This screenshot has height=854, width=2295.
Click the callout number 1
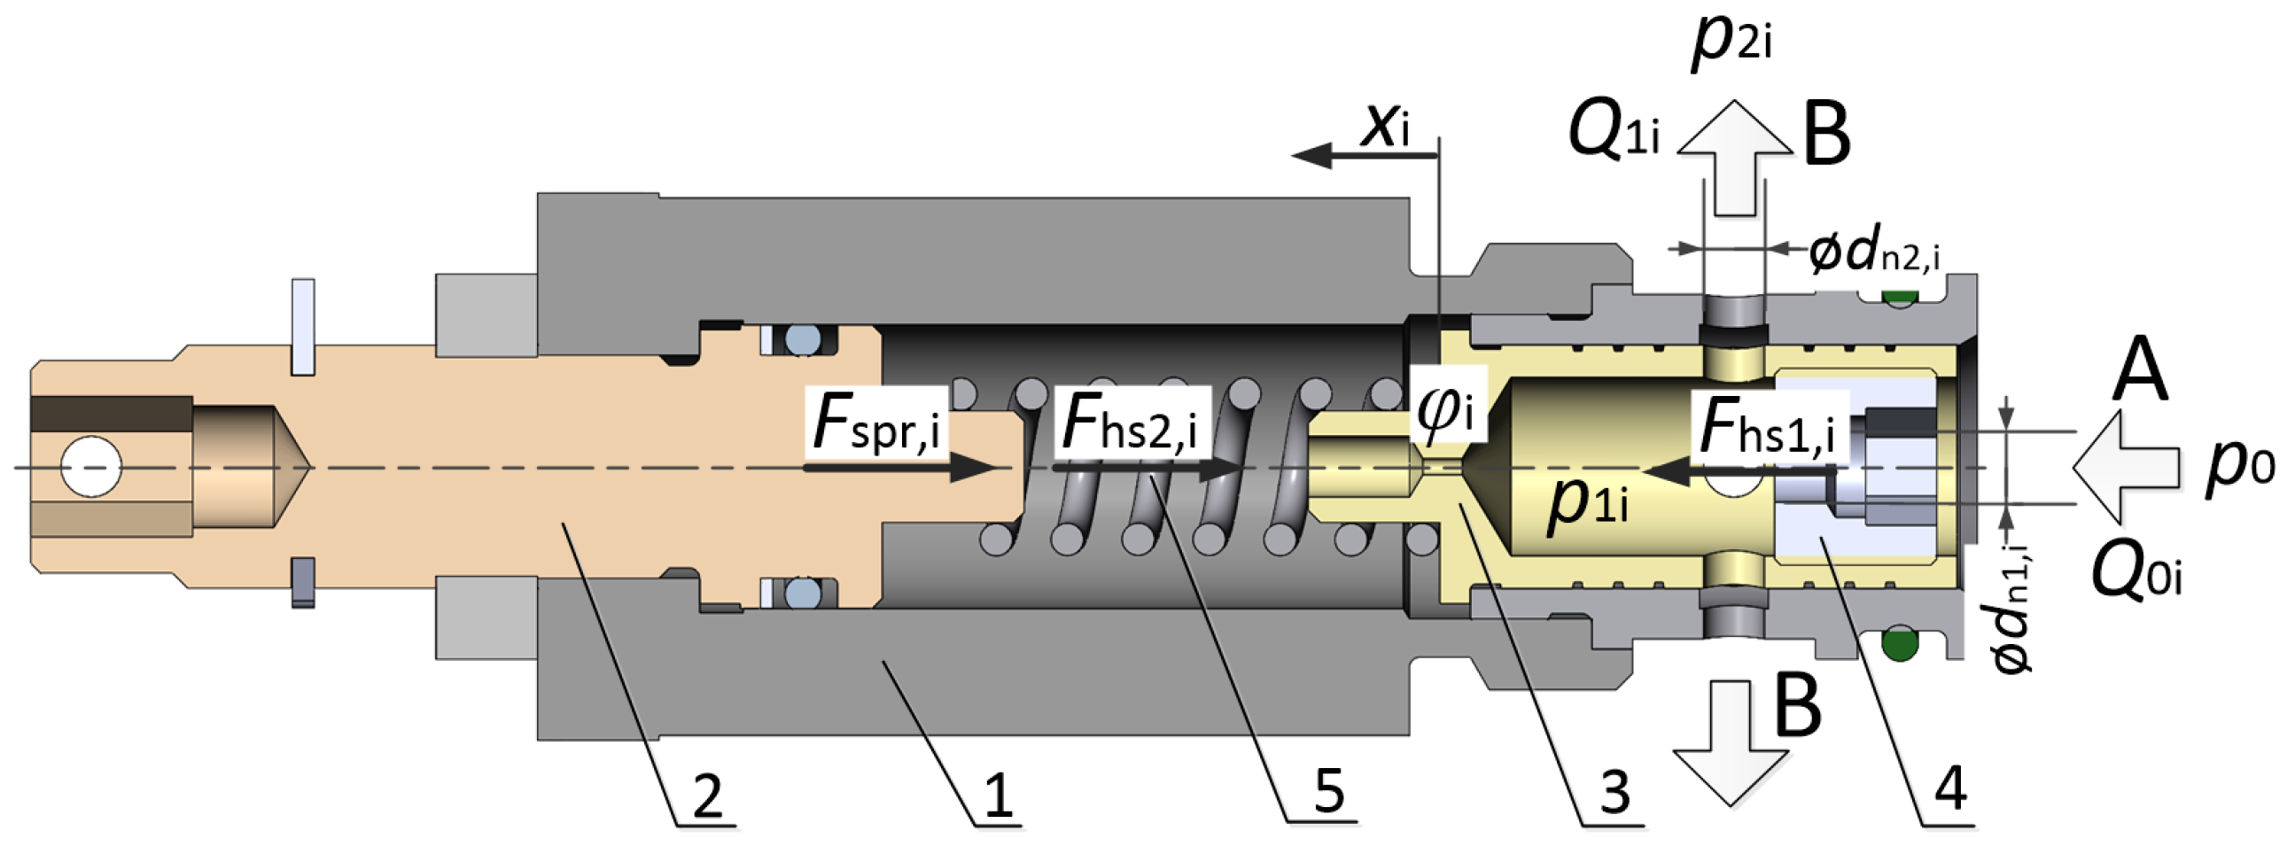[999, 795]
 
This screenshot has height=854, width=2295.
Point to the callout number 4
[1950, 788]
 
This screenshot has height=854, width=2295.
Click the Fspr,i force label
[876, 423]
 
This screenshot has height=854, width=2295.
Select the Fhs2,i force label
[1130, 423]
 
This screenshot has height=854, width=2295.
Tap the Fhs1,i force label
[1768, 428]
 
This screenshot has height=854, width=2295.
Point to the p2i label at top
[1731, 44]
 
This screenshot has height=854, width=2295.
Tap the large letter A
[2141, 372]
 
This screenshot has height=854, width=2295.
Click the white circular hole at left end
[90, 466]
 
